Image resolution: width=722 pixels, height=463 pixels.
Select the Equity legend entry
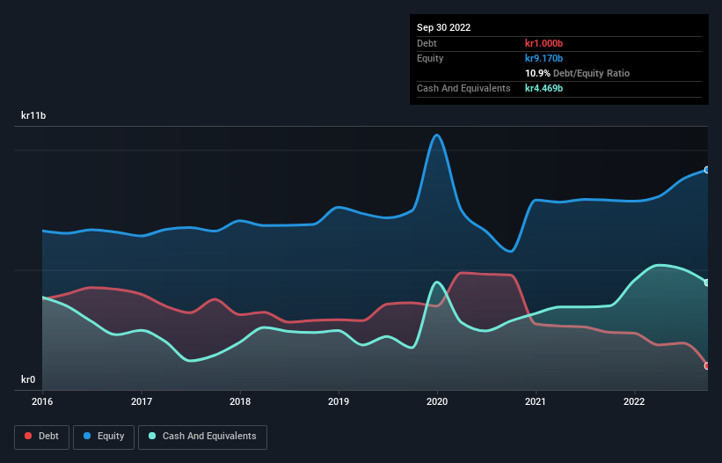pyautogui.click(x=105, y=436)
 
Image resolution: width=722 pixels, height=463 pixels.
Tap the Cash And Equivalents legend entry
pyautogui.click(x=202, y=436)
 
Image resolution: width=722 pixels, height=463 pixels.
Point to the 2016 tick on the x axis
pyautogui.click(x=42, y=401)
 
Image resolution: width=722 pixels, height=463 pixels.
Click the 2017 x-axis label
pyautogui.click(x=141, y=401)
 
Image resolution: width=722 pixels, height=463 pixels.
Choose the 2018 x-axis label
pyautogui.click(x=239, y=401)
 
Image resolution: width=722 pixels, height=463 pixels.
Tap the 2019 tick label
pyautogui.click(x=339, y=401)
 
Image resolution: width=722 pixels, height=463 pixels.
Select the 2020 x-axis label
pyautogui.click(x=437, y=401)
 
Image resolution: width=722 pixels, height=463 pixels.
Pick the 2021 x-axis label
pyautogui.click(x=536, y=401)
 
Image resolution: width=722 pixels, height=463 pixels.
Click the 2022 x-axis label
pyautogui.click(x=635, y=401)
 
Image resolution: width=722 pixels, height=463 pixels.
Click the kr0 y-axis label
pyautogui.click(x=28, y=379)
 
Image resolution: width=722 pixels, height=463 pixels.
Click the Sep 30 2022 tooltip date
pyautogui.click(x=444, y=27)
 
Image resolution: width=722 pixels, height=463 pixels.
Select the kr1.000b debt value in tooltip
pyautogui.click(x=543, y=43)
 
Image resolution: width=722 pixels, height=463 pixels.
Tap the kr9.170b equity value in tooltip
pyautogui.click(x=543, y=58)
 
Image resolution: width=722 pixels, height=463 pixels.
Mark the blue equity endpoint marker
pyautogui.click(x=707, y=170)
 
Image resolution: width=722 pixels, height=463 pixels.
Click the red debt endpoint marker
pyautogui.click(x=707, y=365)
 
